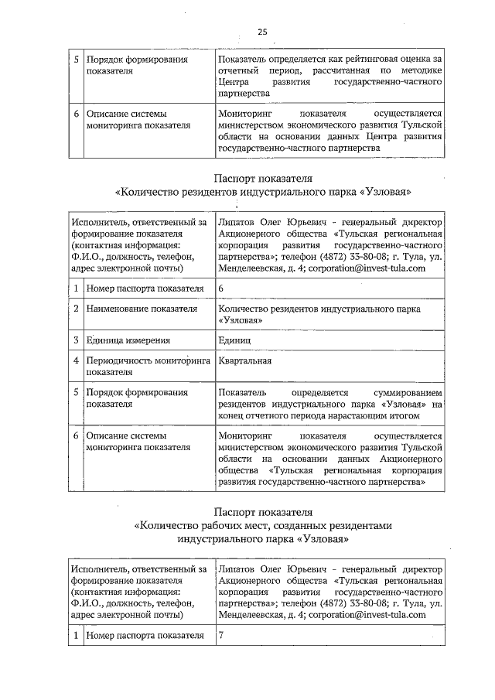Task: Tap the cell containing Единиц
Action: [234, 340]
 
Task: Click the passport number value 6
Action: [222, 288]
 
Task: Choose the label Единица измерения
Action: [128, 340]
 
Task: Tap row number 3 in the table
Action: [76, 340]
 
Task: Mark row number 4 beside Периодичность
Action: [76, 360]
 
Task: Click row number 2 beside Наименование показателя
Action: [76, 309]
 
